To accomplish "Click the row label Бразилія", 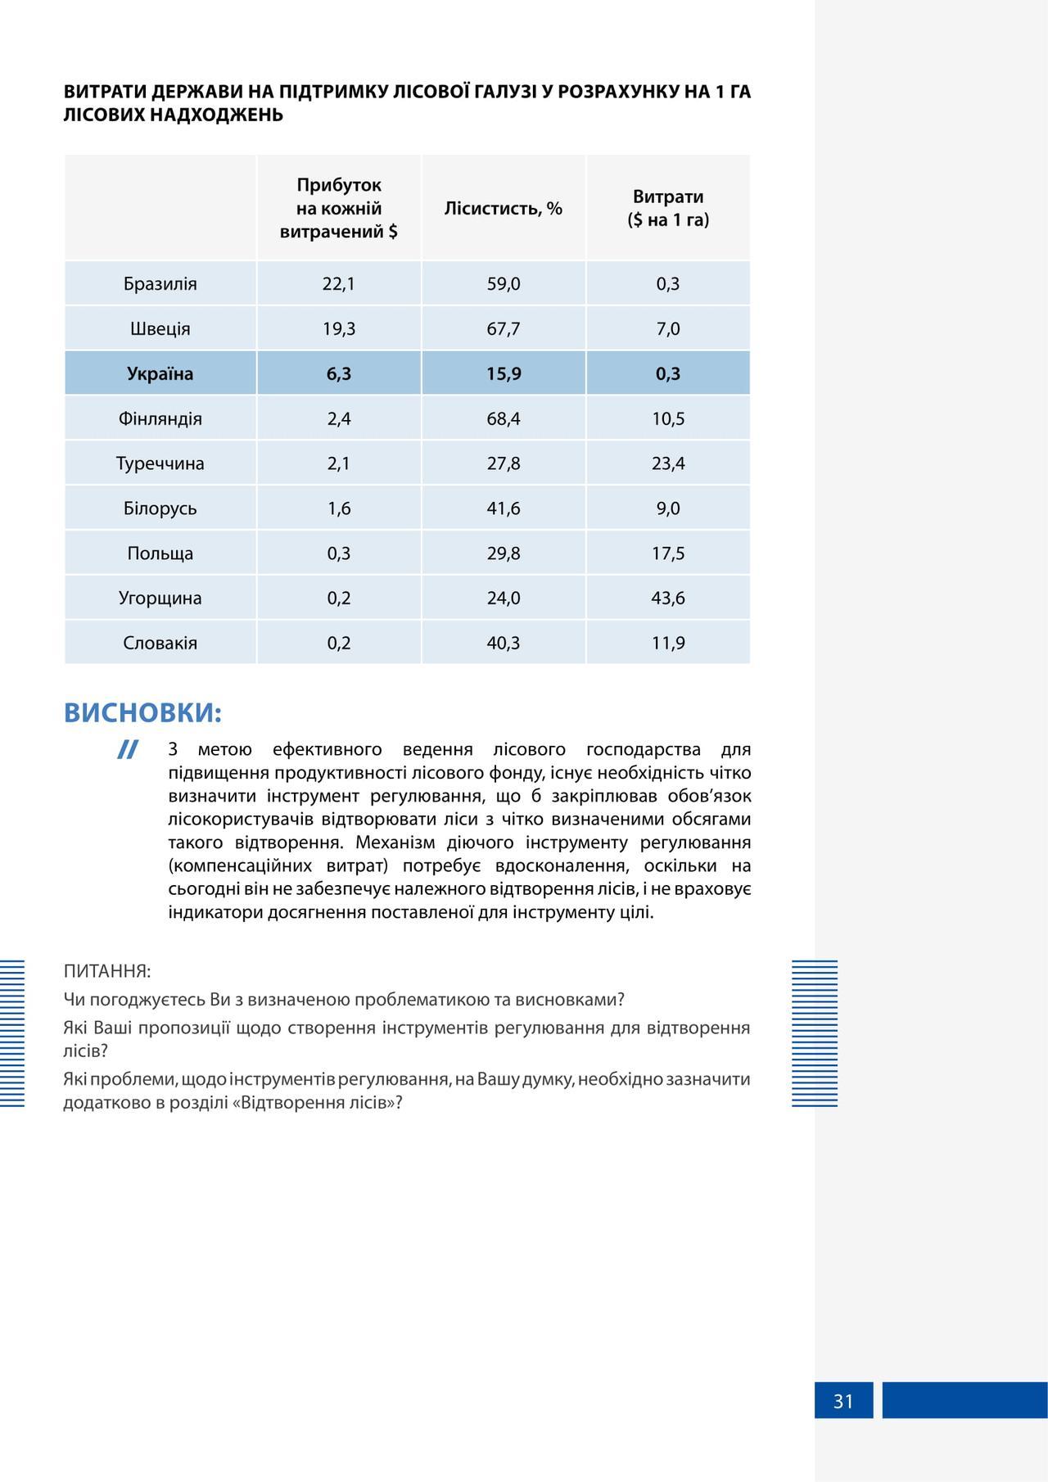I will point(160,284).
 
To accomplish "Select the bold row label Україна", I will point(160,374).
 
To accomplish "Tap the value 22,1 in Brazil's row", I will point(339,284).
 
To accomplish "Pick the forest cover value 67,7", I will point(504,329).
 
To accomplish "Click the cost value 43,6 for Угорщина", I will point(668,599).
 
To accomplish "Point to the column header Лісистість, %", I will point(504,209).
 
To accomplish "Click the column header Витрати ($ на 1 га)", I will point(668,209).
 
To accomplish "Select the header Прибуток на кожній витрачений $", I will point(339,209).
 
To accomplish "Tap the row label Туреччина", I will point(160,463).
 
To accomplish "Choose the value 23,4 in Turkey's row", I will point(668,463).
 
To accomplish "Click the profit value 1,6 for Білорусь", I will point(339,508).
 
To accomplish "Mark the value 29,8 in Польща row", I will point(504,553).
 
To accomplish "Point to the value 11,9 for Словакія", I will point(668,644).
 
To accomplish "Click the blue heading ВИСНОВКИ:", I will point(143,713).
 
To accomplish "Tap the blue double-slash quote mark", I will point(127,750).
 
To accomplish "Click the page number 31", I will point(843,1402).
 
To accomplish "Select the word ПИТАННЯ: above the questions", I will point(107,972).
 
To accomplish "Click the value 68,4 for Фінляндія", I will point(504,419).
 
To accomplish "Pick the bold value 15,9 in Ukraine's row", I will point(504,374).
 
